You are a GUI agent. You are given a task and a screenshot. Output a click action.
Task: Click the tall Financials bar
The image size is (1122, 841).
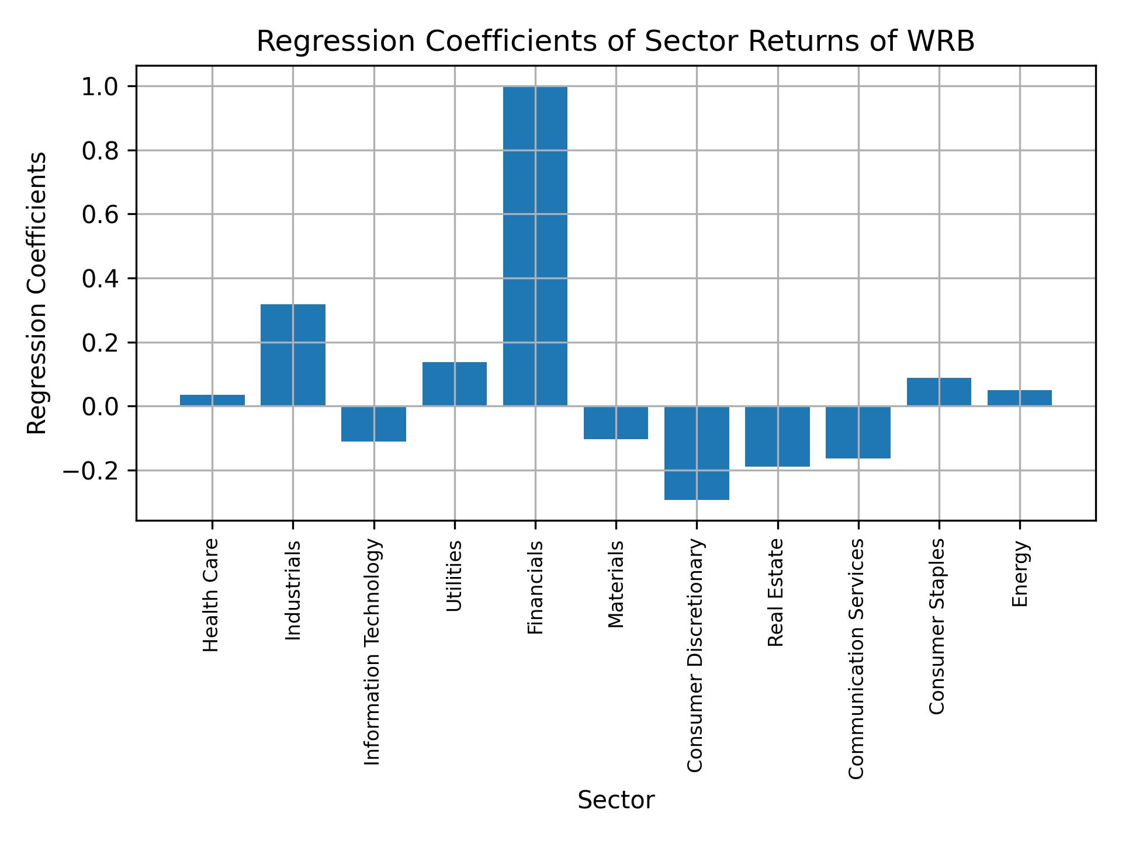pos(535,245)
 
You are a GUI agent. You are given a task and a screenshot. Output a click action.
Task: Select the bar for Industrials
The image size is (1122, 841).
pos(293,355)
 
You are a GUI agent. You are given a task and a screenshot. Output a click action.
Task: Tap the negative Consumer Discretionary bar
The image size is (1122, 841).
pos(697,453)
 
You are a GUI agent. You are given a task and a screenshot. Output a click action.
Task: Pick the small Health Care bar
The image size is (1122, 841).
pos(212,400)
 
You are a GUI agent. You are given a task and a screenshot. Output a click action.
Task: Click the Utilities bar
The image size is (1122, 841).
pos(454,384)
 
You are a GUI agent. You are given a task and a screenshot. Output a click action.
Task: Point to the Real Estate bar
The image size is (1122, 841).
pos(777,436)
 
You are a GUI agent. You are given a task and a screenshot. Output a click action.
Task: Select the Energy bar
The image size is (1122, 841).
pos(1019,398)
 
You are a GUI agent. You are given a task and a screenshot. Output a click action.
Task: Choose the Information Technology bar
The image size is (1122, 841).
pos(373,423)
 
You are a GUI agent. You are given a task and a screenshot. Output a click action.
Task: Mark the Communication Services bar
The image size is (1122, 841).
pos(858,432)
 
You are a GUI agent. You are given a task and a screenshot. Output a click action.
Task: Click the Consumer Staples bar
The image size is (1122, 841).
pos(939,392)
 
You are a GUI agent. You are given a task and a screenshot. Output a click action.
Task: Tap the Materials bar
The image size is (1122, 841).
pos(615,422)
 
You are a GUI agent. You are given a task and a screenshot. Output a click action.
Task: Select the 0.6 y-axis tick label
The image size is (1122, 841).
pos(100,215)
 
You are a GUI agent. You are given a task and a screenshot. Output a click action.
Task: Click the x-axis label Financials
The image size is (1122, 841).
pos(535,587)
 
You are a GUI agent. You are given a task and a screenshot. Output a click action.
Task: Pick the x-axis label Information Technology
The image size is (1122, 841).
pos(373,652)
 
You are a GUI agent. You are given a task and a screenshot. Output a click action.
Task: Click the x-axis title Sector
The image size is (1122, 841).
pos(615,800)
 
